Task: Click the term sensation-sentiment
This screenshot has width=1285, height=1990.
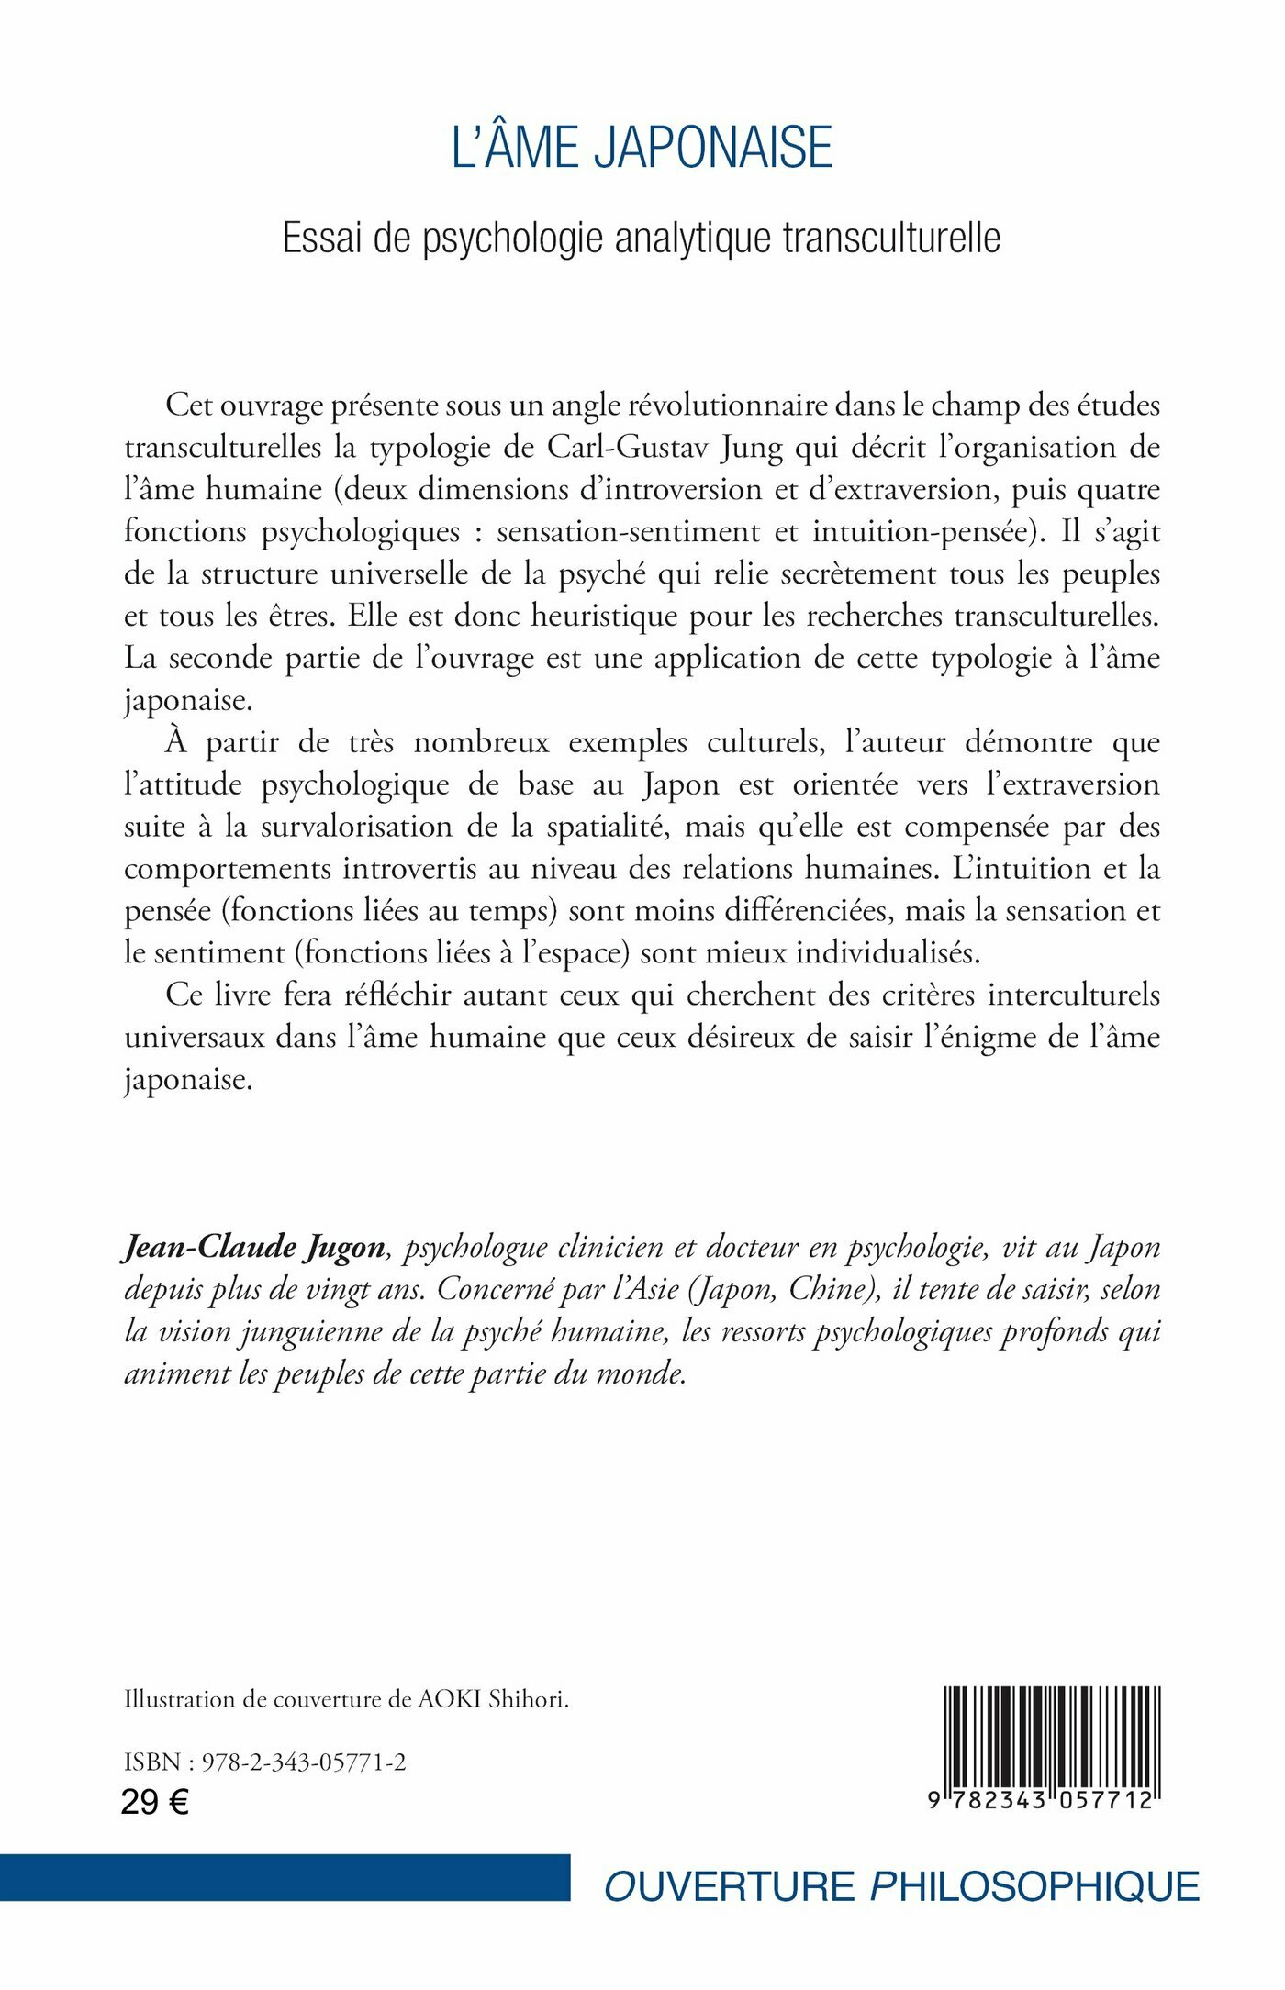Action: pos(628,531)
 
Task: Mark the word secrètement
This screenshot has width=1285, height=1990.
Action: pos(859,573)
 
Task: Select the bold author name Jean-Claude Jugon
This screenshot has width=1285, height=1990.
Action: pos(254,1248)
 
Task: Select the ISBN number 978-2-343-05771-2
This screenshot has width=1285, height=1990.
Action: pos(304,1762)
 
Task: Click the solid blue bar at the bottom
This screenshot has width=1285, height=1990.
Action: pos(285,1878)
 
